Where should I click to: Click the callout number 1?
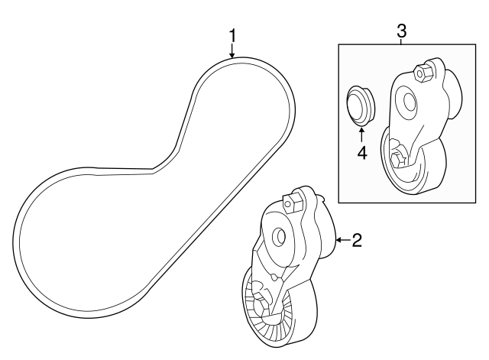pyautogui.click(x=232, y=35)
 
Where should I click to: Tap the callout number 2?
pyautogui.click(x=357, y=240)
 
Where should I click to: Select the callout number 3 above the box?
pyautogui.click(x=402, y=31)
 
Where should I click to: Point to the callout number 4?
pyautogui.click(x=362, y=153)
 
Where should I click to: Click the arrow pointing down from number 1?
pyautogui.click(x=232, y=50)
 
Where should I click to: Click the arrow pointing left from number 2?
pyautogui.click(x=343, y=240)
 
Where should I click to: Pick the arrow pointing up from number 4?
pyautogui.click(x=361, y=135)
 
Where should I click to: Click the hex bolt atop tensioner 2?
pyautogui.click(x=292, y=203)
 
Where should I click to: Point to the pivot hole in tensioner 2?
pyautogui.click(x=278, y=237)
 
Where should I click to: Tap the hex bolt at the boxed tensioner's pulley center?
pyautogui.click(x=397, y=161)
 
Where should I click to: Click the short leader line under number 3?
pyautogui.click(x=402, y=41)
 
